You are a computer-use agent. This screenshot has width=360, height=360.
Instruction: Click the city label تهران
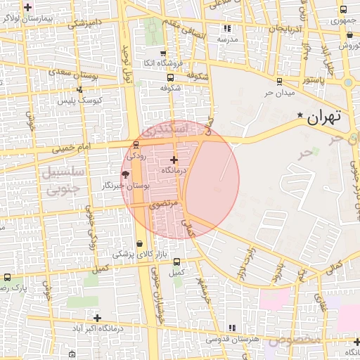click(324, 117)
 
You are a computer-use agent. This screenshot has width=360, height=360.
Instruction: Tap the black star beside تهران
click(300, 115)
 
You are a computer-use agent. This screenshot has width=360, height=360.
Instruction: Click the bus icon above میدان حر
click(280, 82)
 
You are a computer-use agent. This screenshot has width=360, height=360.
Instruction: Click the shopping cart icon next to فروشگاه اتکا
click(163, 53)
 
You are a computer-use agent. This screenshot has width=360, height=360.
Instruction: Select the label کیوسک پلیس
click(79, 101)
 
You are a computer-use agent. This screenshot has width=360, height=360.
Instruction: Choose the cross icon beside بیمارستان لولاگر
click(27, 8)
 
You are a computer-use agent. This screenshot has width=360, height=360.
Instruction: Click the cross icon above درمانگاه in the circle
click(174, 160)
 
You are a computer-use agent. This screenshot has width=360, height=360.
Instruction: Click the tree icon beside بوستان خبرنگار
click(125, 174)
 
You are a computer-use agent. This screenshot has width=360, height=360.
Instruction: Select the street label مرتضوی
click(164, 205)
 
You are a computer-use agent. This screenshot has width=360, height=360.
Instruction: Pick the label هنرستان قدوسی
click(232, 339)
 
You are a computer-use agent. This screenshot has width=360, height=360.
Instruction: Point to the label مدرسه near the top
click(227, 39)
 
